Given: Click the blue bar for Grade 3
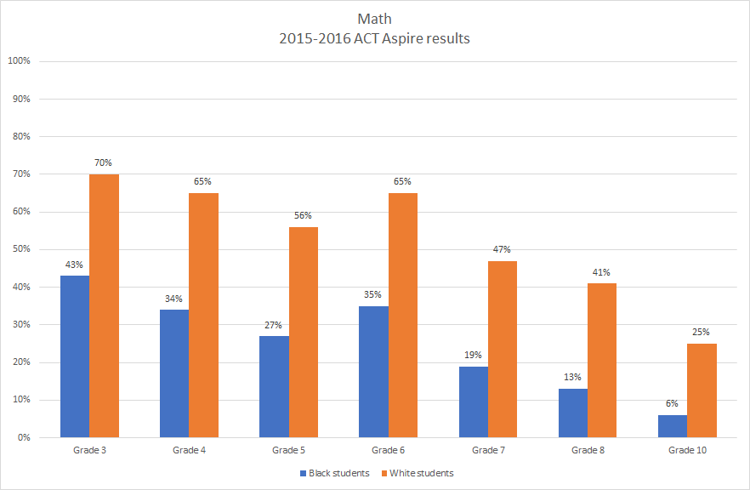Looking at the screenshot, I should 74,356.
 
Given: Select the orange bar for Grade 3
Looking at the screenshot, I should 104,305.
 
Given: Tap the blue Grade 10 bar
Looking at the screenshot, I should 673,425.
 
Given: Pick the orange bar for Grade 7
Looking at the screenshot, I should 503,349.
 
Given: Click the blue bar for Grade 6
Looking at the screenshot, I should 373,372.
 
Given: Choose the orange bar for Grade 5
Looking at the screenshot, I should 304,332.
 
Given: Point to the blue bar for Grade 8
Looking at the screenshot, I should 573,413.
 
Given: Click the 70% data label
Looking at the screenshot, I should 104,162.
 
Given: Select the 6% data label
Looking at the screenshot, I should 673,403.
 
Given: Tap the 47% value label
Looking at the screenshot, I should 503,249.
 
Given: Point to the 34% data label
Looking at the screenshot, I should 174,299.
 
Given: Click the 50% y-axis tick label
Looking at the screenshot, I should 20,249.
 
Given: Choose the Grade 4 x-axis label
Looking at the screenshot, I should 189,450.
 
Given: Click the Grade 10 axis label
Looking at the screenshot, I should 687,450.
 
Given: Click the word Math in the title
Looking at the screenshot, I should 374,19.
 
